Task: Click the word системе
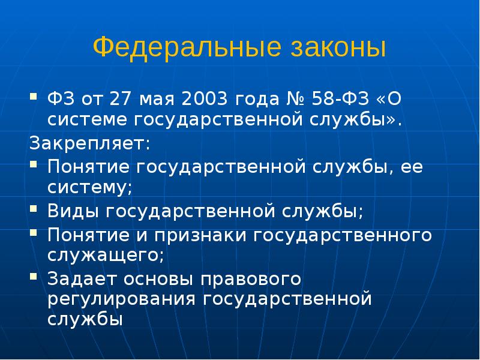pyautogui.click(x=87, y=119)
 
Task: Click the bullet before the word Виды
pyautogui.click(x=35, y=209)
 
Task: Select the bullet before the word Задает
pyautogui.click(x=35, y=277)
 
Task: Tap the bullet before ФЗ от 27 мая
pyautogui.click(x=35, y=96)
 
